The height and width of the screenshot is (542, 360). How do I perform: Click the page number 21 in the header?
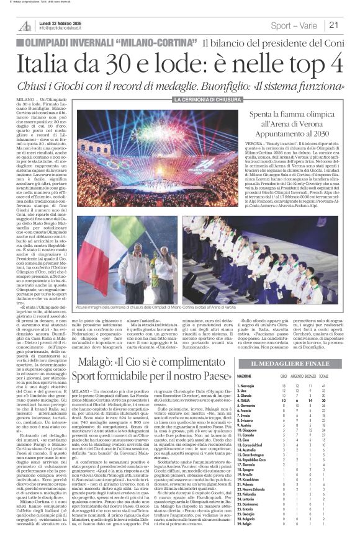tap(333, 25)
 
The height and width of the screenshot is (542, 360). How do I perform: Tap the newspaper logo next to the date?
tap(25, 25)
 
